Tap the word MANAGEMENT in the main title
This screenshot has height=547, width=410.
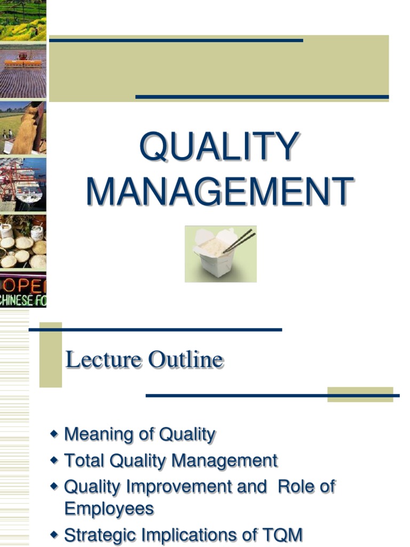point(219,191)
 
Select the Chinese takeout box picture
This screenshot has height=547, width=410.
point(220,254)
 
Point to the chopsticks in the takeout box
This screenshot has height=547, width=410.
point(239,241)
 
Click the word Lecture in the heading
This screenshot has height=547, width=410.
point(105,360)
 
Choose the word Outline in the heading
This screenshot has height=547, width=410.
point(185,360)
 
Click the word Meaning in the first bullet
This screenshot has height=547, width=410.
point(95,434)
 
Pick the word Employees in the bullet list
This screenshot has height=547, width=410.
point(109,508)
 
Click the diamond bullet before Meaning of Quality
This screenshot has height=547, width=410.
point(53,434)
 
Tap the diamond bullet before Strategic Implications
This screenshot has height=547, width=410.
point(53,534)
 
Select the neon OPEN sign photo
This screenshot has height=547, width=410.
point(23,291)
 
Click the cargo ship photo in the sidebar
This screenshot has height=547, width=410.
point(23,184)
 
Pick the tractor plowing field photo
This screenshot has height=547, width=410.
point(23,72)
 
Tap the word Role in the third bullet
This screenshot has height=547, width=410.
point(297,487)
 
